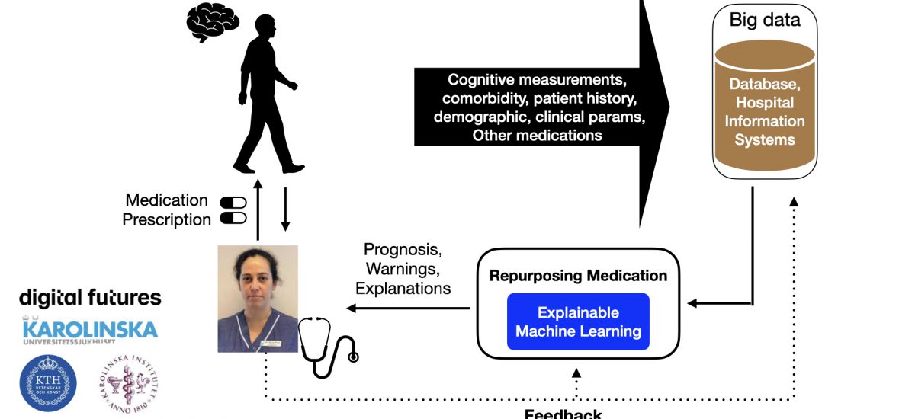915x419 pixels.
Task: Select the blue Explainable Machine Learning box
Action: point(578,322)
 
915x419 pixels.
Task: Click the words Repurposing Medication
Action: point(578,276)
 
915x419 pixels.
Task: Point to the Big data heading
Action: point(764,19)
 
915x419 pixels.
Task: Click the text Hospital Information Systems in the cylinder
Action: point(764,121)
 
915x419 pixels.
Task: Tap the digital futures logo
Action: point(90,297)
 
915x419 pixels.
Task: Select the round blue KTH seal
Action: point(47,383)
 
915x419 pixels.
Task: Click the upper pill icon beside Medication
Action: point(234,203)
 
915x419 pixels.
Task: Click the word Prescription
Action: point(166,220)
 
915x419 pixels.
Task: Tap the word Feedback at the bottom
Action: point(563,414)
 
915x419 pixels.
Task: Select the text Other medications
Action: point(537,136)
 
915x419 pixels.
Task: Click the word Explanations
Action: point(403,289)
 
